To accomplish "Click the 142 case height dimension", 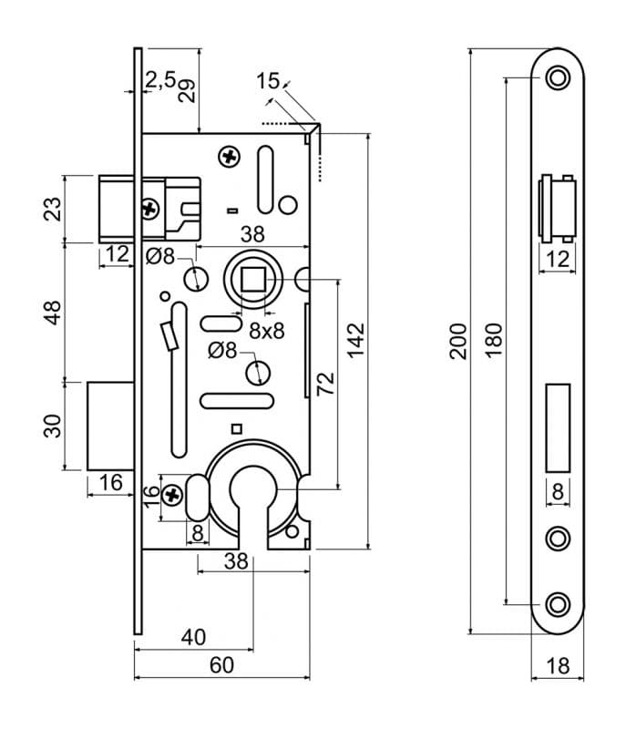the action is point(356,340).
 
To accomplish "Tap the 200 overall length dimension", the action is point(457,341).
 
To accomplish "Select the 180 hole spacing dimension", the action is point(494,340).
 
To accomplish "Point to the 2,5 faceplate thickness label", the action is point(160,79).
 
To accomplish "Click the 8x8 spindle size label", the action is point(267,331).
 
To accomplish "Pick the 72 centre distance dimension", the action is point(326,384).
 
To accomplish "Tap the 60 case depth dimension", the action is point(221,665).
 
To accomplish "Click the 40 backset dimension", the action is point(194,637).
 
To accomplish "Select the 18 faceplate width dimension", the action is point(558,666).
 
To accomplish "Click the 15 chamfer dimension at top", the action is point(268,81).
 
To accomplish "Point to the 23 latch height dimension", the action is point(52,210).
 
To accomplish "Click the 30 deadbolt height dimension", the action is point(52,426).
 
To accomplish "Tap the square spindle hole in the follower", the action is point(253,280).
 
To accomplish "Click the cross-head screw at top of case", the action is point(229,157).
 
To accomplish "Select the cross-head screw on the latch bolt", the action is point(149,210).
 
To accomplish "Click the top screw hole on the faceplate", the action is point(558,77).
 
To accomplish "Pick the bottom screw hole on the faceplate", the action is point(558,605).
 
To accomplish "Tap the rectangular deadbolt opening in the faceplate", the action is point(558,428).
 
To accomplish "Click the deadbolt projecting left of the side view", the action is point(110,426).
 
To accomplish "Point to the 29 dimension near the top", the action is point(187,90).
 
